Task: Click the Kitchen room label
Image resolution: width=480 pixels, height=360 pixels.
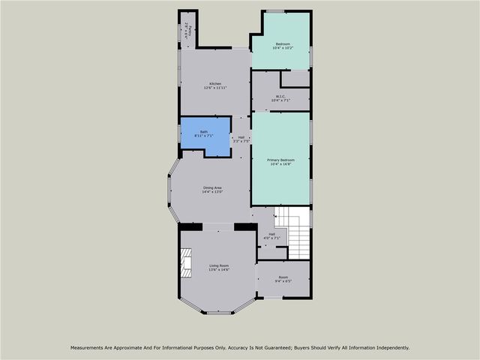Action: tap(215, 83)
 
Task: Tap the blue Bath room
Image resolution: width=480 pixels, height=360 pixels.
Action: tap(204, 136)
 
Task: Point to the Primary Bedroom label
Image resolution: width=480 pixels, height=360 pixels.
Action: tap(281, 160)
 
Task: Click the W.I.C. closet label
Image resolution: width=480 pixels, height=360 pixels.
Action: tap(281, 96)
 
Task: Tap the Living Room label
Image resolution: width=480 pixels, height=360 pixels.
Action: tap(218, 266)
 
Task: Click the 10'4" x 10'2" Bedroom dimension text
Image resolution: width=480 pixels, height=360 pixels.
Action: tap(283, 49)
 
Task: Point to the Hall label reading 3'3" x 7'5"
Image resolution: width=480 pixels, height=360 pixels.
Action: tap(241, 141)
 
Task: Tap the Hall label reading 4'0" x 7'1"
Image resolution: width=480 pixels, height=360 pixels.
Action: tap(270, 238)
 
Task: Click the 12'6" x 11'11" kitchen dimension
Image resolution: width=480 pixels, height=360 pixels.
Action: tap(215, 88)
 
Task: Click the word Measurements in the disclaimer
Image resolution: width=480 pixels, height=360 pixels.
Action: tap(88, 347)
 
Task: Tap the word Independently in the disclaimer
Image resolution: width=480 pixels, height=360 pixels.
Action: tap(391, 347)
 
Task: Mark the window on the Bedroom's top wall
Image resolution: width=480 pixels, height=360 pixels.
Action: tap(275, 10)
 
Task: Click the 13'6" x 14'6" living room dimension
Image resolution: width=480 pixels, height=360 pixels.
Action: tap(218, 271)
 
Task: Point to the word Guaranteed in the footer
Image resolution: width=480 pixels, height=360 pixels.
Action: tap(271, 347)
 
